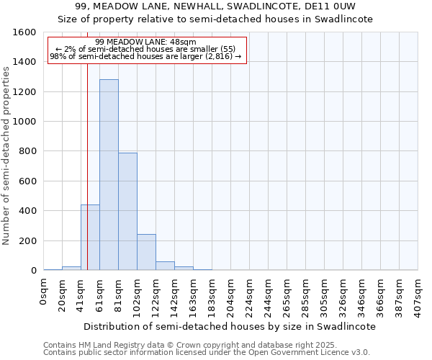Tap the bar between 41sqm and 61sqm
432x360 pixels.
coord(90,238)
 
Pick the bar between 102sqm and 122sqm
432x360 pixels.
coord(146,252)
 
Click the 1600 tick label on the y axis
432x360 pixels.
coord(24,32)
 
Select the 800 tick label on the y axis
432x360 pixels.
coord(27,151)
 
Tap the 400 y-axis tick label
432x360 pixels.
coord(27,211)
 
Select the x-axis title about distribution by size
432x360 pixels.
coord(230,326)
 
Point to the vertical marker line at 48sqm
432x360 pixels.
coord(87,166)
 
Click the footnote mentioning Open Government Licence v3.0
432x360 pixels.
coord(207,353)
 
